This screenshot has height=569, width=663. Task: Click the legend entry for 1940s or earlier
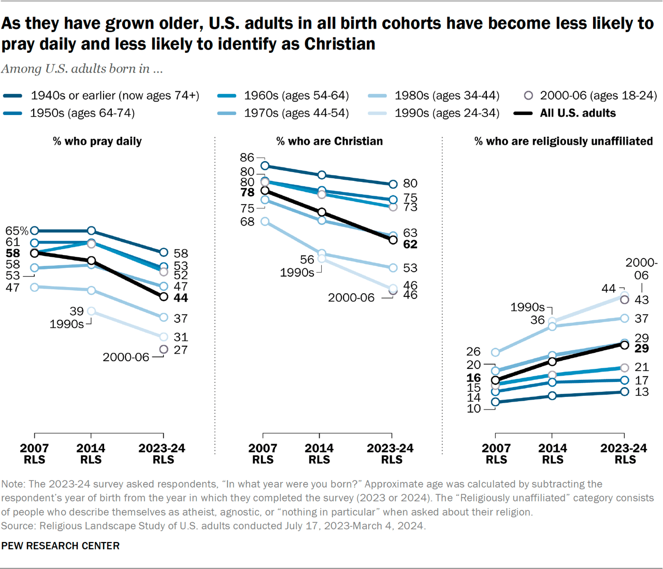(x=114, y=95)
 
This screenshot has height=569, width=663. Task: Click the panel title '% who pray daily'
(x=97, y=141)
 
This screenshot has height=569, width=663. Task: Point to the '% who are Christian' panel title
(x=329, y=141)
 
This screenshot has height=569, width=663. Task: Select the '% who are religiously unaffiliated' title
(x=564, y=141)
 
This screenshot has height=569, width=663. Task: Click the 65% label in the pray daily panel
(x=17, y=231)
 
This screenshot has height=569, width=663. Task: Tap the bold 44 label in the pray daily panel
(x=181, y=298)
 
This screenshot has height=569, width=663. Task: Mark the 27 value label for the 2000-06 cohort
(x=181, y=350)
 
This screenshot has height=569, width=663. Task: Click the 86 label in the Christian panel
(x=247, y=158)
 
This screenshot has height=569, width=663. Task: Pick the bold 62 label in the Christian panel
(x=410, y=245)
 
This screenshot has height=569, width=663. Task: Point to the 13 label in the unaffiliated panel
(x=642, y=392)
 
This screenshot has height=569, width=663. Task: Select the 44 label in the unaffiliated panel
(x=609, y=289)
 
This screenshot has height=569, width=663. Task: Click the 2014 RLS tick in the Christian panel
(x=319, y=453)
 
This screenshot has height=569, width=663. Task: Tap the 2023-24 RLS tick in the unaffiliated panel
(x=624, y=453)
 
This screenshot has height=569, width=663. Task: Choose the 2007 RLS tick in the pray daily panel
(x=34, y=453)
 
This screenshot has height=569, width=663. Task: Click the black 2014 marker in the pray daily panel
(x=91, y=261)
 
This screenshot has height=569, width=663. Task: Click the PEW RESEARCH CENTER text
(x=60, y=546)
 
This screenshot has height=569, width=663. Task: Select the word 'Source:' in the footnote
(x=19, y=526)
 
